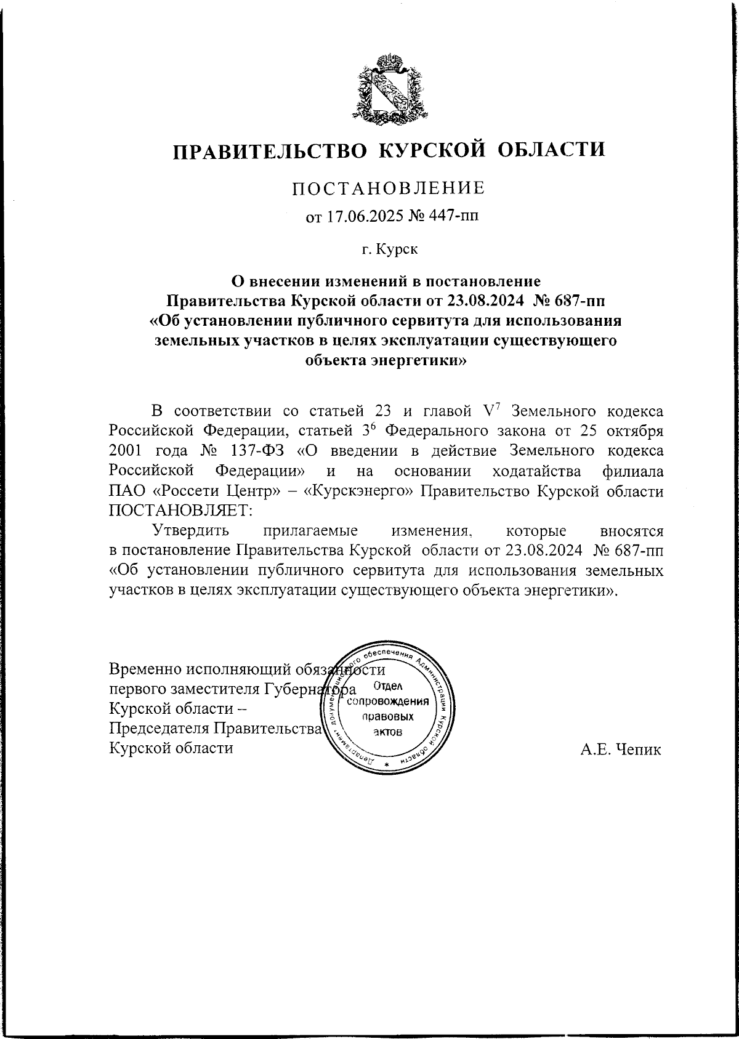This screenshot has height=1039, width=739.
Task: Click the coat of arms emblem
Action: pyautogui.click(x=389, y=87)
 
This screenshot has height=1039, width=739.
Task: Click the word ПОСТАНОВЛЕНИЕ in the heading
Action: pyautogui.click(x=388, y=188)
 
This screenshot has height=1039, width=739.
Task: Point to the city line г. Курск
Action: pyautogui.click(x=389, y=250)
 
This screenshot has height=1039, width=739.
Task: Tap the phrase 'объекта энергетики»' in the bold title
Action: pyautogui.click(x=386, y=360)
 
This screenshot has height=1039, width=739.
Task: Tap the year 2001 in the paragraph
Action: pyautogui.click(x=125, y=451)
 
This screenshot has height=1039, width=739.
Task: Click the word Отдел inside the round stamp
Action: pyautogui.click(x=388, y=686)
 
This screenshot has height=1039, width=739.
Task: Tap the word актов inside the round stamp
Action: pyautogui.click(x=387, y=732)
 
